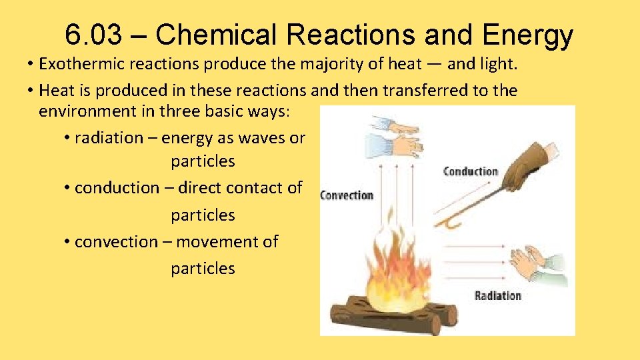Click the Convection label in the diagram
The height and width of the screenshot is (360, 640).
(347, 195)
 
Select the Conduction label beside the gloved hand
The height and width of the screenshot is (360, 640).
(471, 172)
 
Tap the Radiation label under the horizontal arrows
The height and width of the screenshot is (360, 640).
(497, 296)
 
